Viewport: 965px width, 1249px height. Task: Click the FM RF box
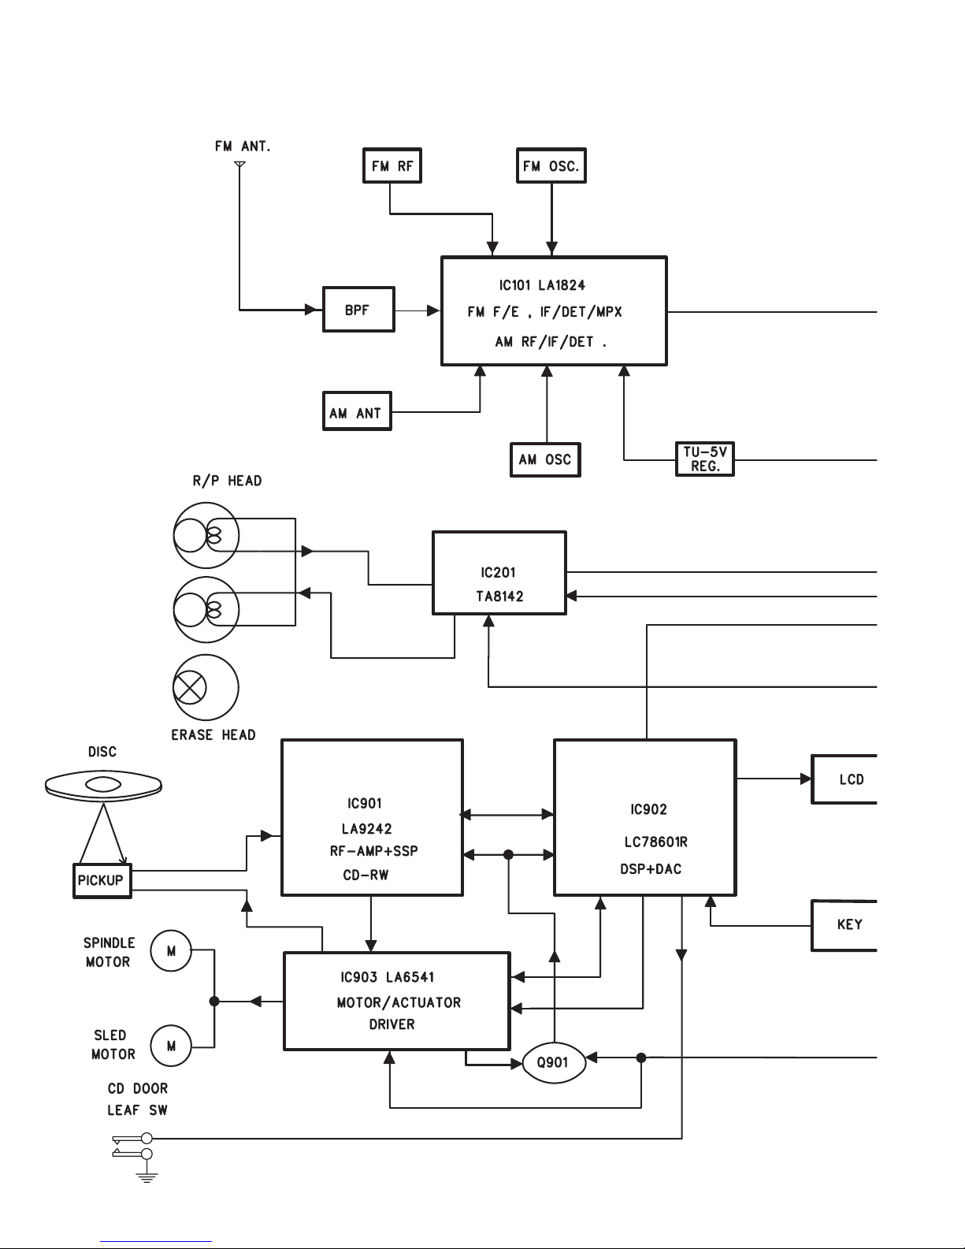point(392,166)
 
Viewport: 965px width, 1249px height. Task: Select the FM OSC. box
point(551,166)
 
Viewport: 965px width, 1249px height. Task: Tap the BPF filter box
point(358,310)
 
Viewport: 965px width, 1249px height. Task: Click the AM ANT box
point(357,413)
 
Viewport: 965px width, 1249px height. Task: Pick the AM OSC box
point(545,459)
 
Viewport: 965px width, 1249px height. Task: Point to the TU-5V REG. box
point(705,459)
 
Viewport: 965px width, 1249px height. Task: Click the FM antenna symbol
point(240,165)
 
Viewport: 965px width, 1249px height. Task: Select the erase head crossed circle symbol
point(189,687)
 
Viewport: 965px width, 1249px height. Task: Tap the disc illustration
point(103,785)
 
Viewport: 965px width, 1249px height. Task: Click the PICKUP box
point(101,880)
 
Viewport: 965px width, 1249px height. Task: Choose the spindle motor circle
point(171,950)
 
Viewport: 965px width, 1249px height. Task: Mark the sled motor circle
point(171,1046)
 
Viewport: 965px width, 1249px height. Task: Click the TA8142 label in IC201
point(499,597)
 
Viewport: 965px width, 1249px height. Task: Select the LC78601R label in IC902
point(655,842)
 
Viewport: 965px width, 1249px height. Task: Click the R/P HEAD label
point(227,481)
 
